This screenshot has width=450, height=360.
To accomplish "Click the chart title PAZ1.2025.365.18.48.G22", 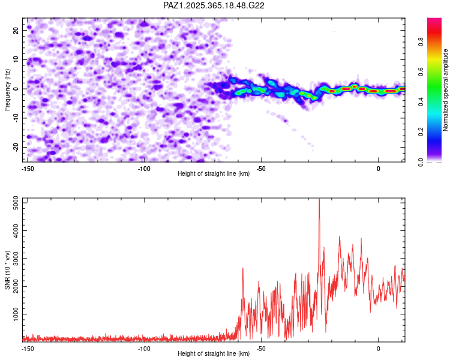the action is point(214,5).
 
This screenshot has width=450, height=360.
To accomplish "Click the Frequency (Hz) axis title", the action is point(7,90).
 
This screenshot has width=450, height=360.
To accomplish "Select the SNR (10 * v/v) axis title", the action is point(7,270).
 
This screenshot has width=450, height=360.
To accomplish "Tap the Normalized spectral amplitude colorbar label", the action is point(445,90).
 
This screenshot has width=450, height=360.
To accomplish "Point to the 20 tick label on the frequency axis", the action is point(16,31).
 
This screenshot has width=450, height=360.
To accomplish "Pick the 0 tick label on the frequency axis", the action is point(16,89).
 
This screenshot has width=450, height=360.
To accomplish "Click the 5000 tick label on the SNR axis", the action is point(16,203).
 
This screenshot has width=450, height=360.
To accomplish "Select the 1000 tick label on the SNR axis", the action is point(16,314).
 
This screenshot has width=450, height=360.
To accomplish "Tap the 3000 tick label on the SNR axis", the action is point(16,259).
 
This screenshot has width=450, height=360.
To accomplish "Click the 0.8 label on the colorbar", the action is point(421,41).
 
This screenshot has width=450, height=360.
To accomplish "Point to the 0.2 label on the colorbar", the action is point(421,131).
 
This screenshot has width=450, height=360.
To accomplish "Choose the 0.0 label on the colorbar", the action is point(421,162).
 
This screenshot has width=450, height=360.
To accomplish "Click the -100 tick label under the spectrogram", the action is point(144,169).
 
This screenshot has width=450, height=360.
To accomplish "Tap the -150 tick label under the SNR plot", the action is point(28,349).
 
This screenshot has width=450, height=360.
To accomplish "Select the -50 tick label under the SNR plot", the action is point(261,349).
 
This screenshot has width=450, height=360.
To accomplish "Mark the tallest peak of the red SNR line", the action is point(319,199).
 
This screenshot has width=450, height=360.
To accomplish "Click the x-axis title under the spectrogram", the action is point(214,173).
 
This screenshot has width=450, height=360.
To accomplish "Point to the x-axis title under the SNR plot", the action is point(214,353).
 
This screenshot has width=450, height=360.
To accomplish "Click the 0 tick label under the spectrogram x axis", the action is point(378,169).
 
